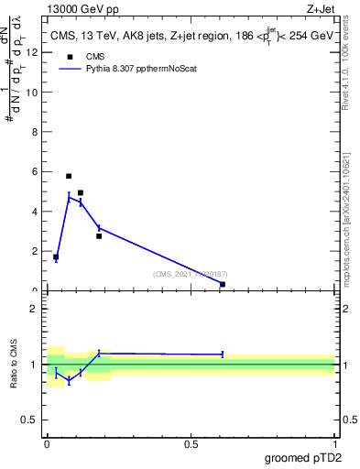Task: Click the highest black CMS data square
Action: point(69,176)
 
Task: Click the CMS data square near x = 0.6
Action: point(223,284)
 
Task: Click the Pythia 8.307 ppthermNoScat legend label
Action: point(141,70)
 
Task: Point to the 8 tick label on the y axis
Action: point(35,132)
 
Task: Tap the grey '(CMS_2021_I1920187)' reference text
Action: point(190,274)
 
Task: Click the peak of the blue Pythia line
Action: point(69,196)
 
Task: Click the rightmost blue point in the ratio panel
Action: point(223,354)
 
